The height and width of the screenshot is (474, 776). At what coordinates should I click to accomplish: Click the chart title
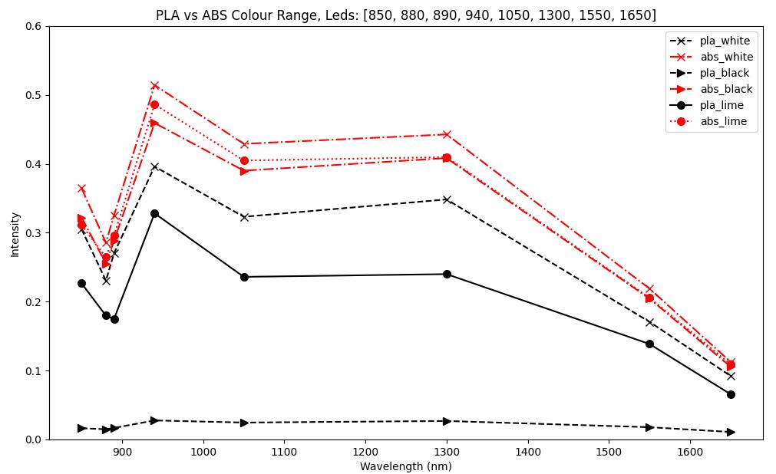coord(405,15)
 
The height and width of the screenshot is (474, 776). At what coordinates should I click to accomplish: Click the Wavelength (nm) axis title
coord(405,466)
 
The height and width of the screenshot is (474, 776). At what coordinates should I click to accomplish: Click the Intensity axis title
coord(15,234)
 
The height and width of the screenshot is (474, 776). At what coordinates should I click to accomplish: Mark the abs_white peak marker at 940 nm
coord(154,86)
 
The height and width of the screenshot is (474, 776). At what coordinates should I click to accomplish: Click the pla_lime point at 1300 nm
coord(447,274)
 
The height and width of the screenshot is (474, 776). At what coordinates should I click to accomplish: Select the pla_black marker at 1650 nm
coord(731,432)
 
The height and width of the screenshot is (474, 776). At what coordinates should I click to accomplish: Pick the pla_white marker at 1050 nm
coord(244,217)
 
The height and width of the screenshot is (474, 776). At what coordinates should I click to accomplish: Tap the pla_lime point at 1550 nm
coord(649,344)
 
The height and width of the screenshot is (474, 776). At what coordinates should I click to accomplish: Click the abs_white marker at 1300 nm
coord(447,134)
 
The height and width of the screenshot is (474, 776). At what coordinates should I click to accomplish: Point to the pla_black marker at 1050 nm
coord(244,423)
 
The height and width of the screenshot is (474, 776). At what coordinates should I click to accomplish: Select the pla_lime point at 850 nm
coord(81,283)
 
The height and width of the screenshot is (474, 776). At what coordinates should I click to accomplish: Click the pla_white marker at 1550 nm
coord(649,322)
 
